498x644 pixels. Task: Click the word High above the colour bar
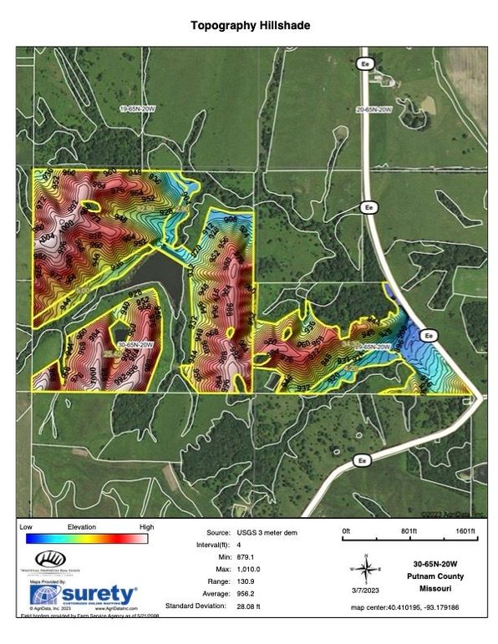[x=146, y=528]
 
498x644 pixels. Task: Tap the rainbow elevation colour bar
[x=87, y=539]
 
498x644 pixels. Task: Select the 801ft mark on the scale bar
[x=409, y=531]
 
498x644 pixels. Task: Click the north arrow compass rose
[x=364, y=569]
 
